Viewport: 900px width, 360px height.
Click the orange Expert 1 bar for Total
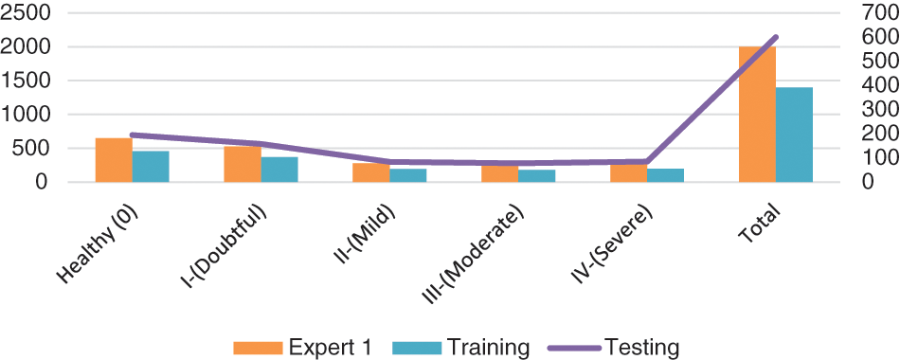[x=757, y=114]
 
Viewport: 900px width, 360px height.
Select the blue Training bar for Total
[x=794, y=135]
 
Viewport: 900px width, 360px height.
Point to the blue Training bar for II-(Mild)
[x=408, y=175]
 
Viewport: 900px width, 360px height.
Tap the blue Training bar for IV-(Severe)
[x=665, y=175]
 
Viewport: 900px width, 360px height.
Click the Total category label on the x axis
[x=763, y=214]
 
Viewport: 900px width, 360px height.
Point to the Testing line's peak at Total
[x=776, y=37]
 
